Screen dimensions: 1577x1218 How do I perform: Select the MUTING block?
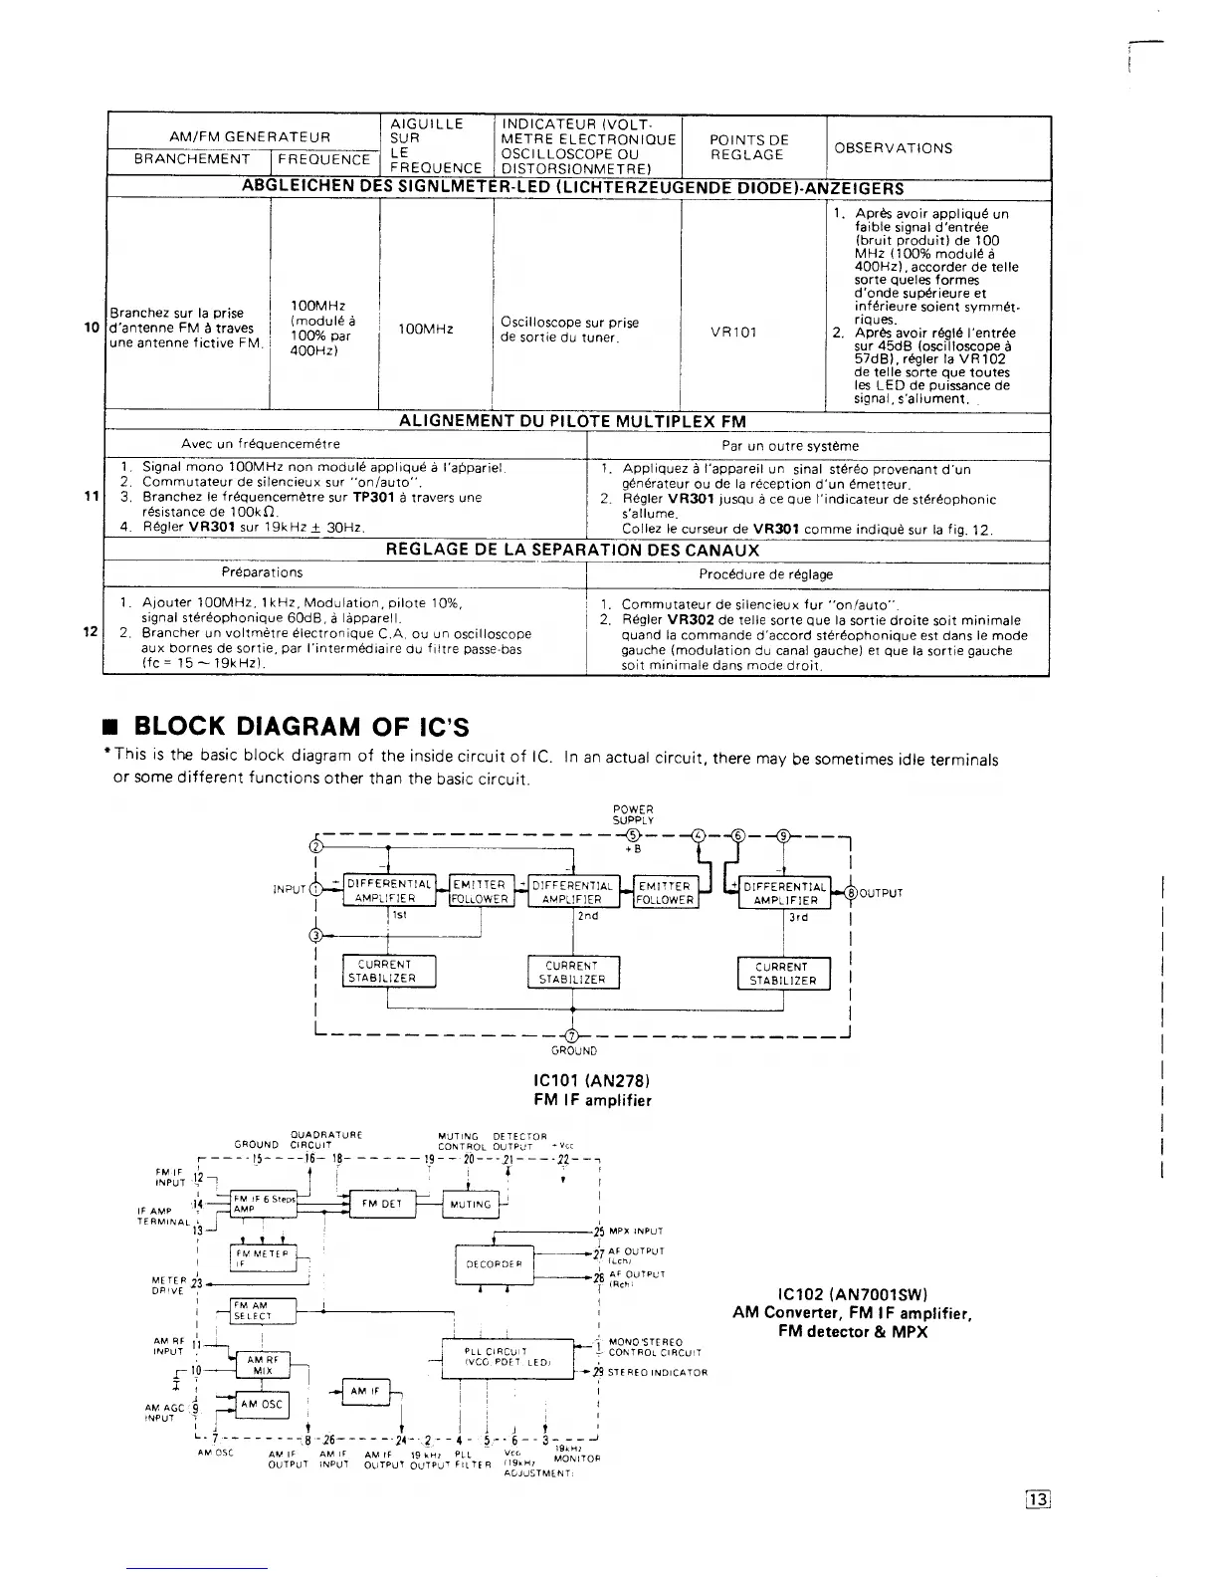coord(471,1204)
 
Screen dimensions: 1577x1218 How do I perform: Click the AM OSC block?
coord(262,1405)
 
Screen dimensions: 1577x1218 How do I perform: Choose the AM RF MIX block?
coord(262,1364)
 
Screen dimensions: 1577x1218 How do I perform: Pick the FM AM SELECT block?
coord(263,1311)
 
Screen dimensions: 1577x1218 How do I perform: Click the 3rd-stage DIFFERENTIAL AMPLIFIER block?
coord(785,893)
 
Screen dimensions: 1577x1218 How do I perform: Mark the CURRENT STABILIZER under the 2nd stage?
coord(572,972)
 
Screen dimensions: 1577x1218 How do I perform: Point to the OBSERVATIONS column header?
coord(893,148)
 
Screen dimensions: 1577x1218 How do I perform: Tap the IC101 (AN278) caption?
coord(592,1080)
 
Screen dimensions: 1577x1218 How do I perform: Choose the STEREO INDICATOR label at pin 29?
coord(656,1372)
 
